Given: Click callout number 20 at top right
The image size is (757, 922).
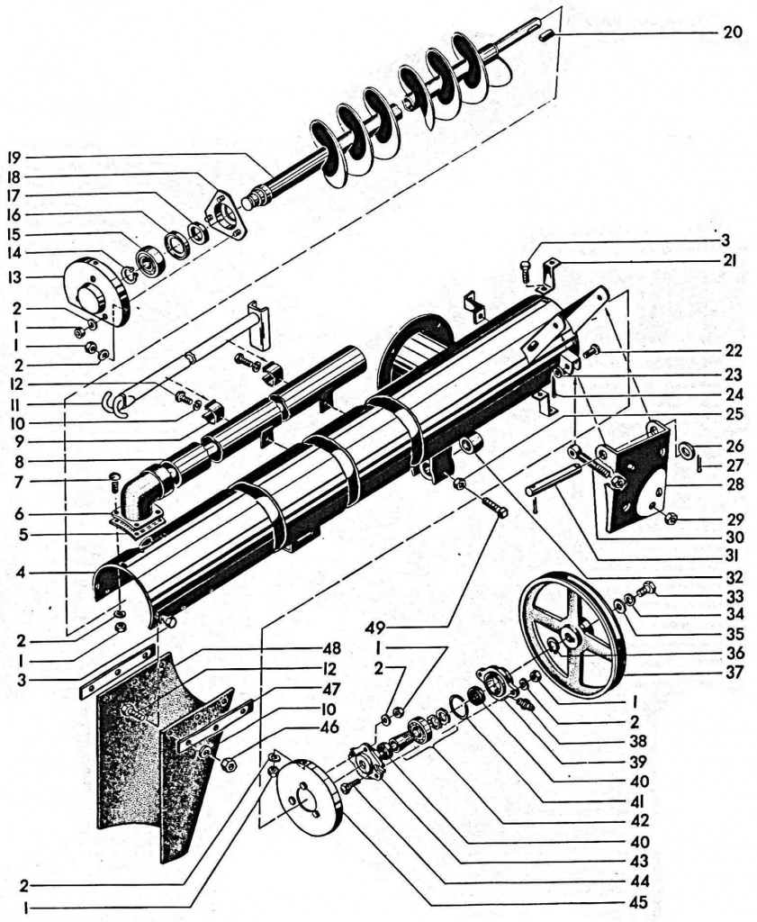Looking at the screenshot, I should (731, 32).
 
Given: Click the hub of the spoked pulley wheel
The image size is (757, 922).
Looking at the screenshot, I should (571, 641).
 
